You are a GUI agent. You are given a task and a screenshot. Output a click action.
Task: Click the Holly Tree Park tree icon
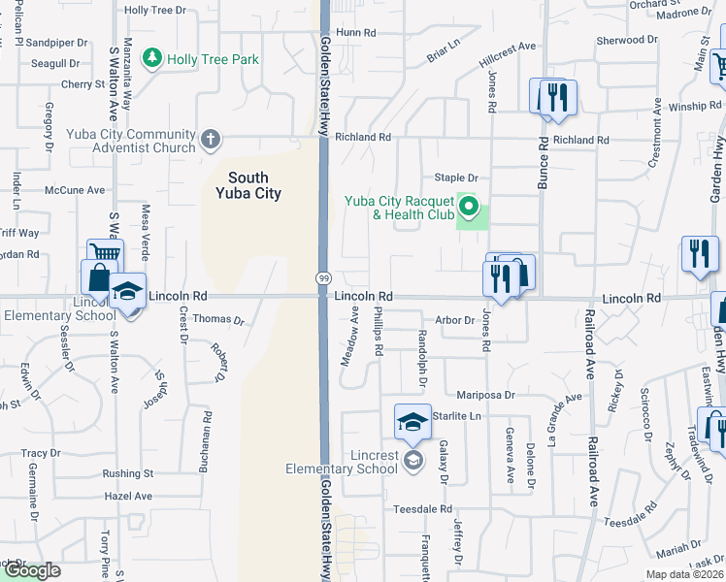pos(151,59)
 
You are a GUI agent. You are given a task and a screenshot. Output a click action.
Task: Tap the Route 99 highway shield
pos(323,278)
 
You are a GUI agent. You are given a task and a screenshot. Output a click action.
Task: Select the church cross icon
pos(210,141)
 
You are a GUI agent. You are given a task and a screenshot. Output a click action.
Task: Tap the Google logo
pos(31,570)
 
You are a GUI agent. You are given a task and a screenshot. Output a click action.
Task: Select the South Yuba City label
pos(254,185)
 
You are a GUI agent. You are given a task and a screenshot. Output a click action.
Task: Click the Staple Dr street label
pos(456,178)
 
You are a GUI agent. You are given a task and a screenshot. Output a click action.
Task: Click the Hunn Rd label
pos(355,32)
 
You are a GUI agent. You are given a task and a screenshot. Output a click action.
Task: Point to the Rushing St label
pos(128,474)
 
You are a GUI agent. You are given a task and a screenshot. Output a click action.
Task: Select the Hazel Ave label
pos(128,496)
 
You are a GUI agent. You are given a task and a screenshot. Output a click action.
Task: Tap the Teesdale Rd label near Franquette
pos(422,508)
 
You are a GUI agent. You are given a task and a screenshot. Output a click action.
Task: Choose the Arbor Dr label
pos(454,319)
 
